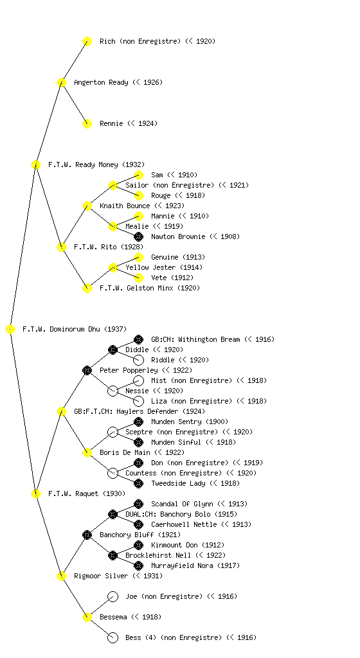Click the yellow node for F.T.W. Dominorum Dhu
10,330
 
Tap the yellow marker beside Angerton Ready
61,83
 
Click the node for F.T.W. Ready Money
35,165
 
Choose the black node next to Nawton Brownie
138,236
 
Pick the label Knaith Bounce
125,206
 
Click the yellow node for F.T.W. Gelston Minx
87,288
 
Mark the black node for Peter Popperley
87,371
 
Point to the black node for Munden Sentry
138,422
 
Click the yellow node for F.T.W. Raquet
35,494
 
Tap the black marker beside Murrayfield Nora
138,565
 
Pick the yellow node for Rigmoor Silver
61,576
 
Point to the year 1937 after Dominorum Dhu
115,330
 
